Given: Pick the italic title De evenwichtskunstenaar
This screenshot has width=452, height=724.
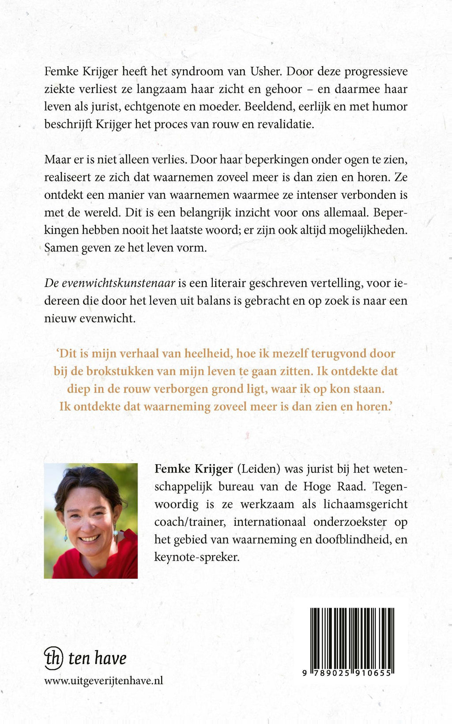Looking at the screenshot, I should [x=110, y=283].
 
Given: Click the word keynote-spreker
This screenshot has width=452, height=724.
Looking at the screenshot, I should [x=196, y=557].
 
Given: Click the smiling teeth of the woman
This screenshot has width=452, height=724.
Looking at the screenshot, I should [x=90, y=538].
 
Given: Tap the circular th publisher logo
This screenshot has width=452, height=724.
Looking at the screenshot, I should [x=53, y=658].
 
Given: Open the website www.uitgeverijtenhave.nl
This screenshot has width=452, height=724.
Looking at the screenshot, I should [x=104, y=681].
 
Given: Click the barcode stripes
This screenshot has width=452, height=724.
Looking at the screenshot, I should [x=352, y=638].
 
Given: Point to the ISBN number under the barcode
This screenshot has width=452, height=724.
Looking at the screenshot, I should [x=348, y=673].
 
